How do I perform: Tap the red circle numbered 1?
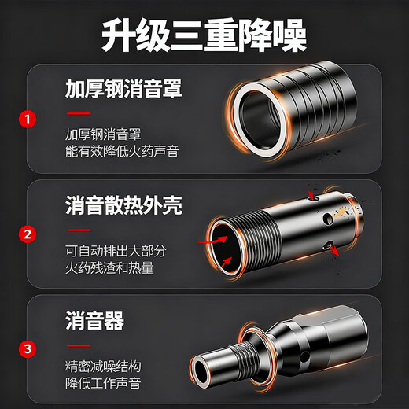coord(28,120)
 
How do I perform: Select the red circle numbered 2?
coord(28,233)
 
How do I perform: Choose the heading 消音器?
coord(94,321)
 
